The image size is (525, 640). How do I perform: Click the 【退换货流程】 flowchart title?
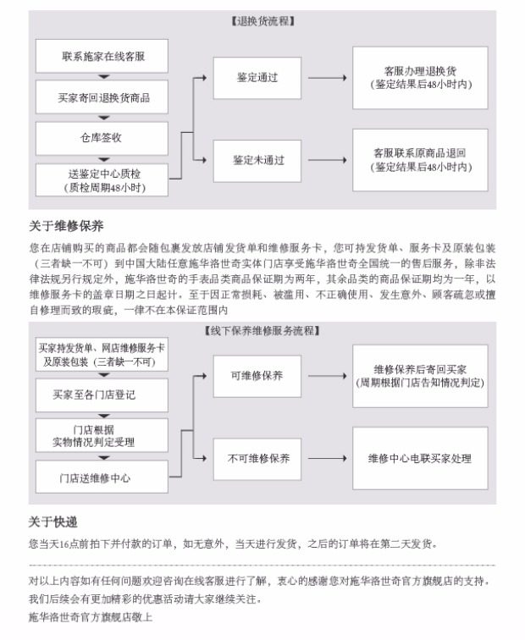pos(262,21)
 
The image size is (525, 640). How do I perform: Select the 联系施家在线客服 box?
pos(102,56)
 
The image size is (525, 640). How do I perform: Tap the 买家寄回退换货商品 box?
pos(102,97)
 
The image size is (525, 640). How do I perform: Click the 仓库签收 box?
pos(102,137)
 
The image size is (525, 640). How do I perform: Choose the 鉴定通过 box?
pos(257,77)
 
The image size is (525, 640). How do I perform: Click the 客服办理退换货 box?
pos(420,77)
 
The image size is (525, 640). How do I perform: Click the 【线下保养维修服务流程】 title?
pos(262,330)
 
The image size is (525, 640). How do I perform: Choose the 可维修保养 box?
pos(257,375)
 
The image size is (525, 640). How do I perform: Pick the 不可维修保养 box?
pos(257,458)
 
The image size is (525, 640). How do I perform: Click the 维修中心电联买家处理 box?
pos(420,458)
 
